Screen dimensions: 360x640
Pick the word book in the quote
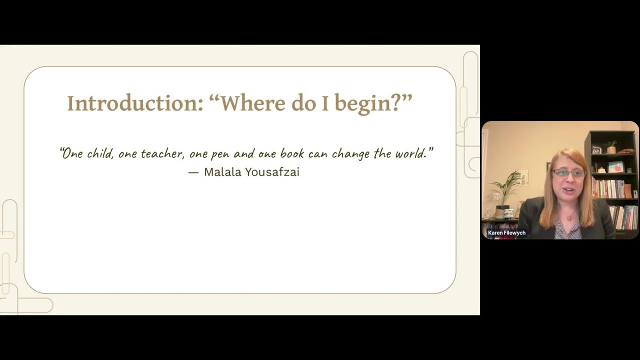291,153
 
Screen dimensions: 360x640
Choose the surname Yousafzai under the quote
272,172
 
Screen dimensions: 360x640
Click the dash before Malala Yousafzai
193,172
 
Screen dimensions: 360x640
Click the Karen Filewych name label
506,233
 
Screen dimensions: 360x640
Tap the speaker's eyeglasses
568,173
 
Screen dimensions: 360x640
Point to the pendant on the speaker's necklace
568,218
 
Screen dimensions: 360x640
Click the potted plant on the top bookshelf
611,146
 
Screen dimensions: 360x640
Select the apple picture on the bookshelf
615,167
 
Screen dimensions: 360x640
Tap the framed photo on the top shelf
596,149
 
